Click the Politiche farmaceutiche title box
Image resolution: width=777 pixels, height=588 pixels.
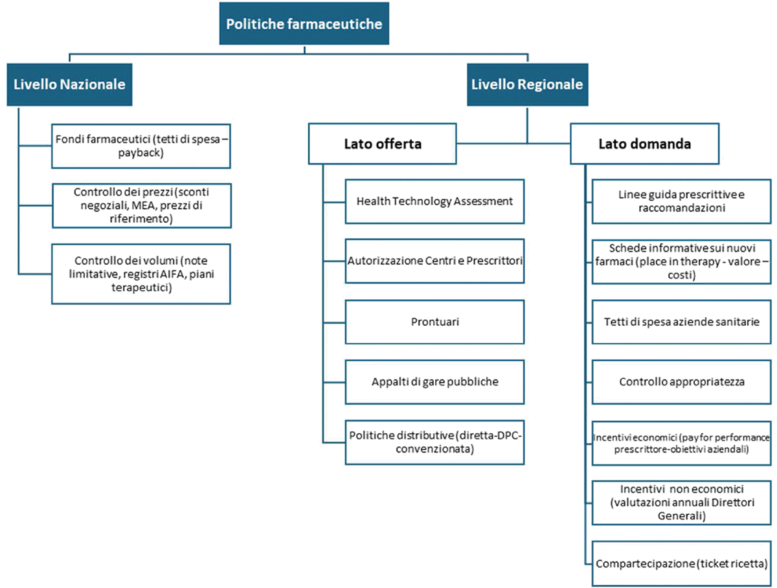[x=304, y=23]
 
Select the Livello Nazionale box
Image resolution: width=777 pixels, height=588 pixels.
[x=69, y=85]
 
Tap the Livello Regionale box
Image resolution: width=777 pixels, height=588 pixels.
[x=528, y=85]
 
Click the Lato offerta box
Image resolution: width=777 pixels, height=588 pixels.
[x=382, y=144]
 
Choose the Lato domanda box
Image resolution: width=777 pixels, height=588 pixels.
[x=645, y=144]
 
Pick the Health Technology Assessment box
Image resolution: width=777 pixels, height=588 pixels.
[x=434, y=201]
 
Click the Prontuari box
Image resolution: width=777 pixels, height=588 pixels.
[x=434, y=322]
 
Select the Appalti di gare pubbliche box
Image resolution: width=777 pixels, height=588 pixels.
[x=434, y=382]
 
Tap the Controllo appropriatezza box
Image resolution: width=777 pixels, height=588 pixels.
[x=681, y=382]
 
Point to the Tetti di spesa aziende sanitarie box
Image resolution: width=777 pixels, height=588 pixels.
[x=681, y=322]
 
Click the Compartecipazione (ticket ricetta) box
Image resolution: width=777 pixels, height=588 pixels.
[x=681, y=563]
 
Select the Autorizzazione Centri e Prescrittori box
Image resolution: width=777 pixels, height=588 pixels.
[x=434, y=261]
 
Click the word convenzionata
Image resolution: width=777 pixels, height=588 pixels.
[x=434, y=449]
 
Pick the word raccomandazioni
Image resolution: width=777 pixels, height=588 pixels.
[x=682, y=208]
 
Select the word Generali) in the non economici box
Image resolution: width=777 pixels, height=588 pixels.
[x=682, y=515]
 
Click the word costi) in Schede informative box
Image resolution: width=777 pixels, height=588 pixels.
[x=682, y=275]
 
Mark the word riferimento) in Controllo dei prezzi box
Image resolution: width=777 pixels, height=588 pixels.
[x=141, y=219]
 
